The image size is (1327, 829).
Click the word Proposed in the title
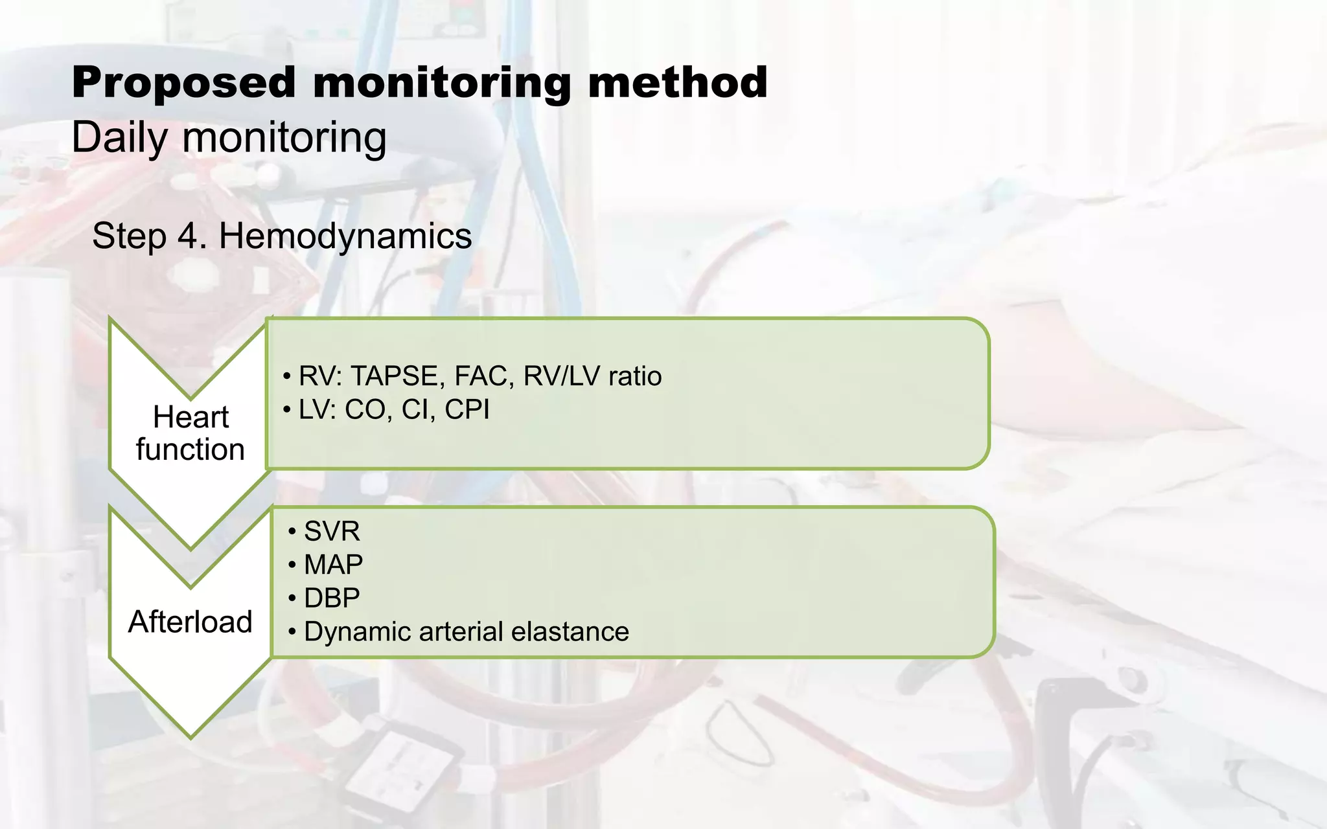[183, 83]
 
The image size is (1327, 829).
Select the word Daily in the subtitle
[120, 137]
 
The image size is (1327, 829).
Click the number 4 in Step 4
[187, 236]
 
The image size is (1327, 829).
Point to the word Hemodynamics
[345, 236]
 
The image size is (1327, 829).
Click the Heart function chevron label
[190, 433]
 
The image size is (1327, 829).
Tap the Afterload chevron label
[190, 622]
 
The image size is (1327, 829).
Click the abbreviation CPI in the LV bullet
[467, 409]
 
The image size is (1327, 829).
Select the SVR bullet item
[332, 532]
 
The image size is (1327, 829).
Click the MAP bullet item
[333, 565]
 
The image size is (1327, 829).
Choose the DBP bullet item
[332, 598]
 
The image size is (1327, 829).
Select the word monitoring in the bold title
[441, 83]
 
